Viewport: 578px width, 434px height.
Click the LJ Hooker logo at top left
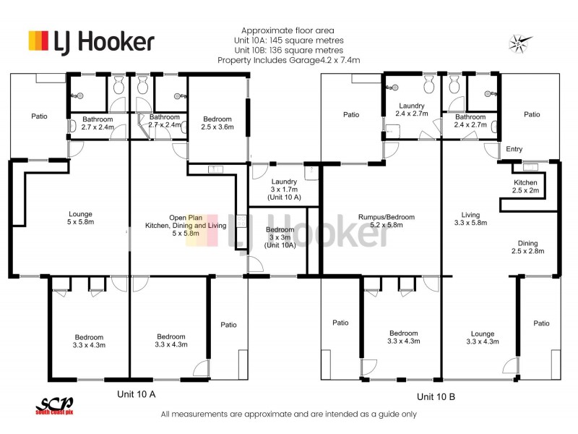[x=90, y=41]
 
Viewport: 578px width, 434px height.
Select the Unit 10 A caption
[x=137, y=394]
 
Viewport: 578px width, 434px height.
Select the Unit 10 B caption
[x=436, y=396]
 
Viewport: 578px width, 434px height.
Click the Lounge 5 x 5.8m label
[x=80, y=218]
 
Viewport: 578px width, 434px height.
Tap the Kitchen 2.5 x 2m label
[x=526, y=187]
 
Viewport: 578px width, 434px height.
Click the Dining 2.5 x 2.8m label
[x=527, y=247]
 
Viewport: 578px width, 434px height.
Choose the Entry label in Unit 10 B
[x=514, y=149]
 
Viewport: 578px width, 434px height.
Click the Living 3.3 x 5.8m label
[x=470, y=219]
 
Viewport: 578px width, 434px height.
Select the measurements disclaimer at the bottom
[x=289, y=414]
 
